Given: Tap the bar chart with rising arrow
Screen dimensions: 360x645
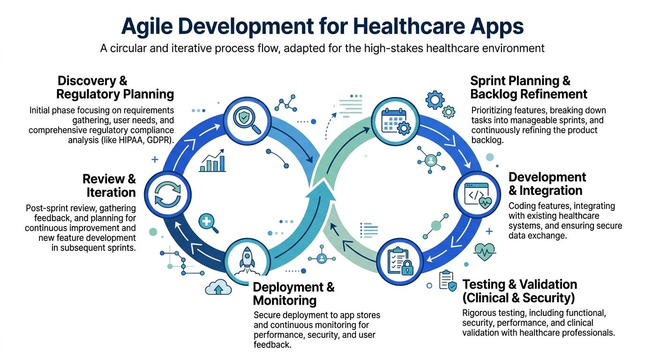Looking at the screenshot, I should [x=212, y=162].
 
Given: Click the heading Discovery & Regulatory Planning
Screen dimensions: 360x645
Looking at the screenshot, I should [x=115, y=88].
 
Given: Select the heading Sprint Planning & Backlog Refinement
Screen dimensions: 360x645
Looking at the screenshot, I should [x=528, y=88].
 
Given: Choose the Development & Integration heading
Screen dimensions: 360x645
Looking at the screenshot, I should [x=547, y=184].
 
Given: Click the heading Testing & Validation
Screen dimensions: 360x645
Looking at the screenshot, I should [x=519, y=291].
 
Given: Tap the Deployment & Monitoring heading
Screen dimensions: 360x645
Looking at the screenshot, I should [x=293, y=293].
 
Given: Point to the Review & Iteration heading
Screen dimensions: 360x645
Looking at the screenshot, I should [x=110, y=185].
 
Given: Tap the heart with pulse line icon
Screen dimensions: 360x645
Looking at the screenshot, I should [x=484, y=252].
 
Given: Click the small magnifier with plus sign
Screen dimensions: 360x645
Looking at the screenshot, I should [x=208, y=222].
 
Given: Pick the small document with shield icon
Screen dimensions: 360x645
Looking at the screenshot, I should [x=447, y=281].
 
